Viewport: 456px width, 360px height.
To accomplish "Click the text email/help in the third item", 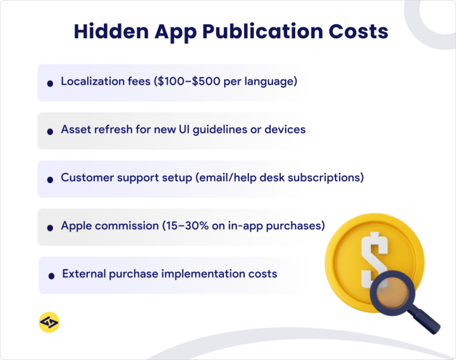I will [x=227, y=177].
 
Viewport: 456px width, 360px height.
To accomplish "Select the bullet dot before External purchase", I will [x=52, y=275].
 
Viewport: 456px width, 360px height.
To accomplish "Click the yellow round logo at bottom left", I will [x=49, y=322].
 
